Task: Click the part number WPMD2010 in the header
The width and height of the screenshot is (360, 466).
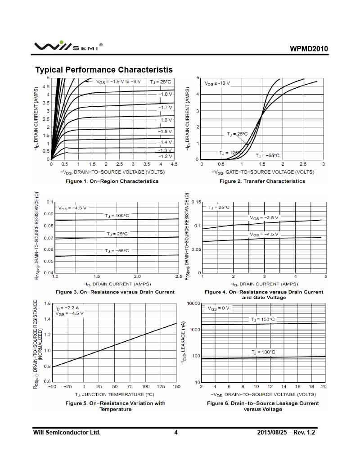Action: [x=309, y=49]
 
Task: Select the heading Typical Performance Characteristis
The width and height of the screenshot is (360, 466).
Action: [x=104, y=70]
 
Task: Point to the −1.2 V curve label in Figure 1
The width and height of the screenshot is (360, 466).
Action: [x=165, y=156]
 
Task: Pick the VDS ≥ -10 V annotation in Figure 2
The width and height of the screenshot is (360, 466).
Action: [x=217, y=83]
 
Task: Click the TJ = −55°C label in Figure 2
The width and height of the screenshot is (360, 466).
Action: [x=267, y=155]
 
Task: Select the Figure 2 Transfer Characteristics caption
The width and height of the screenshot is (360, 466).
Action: [x=262, y=181]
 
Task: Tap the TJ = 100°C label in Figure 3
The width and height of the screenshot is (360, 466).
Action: [x=117, y=216]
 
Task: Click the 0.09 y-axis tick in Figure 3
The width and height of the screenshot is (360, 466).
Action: [x=49, y=214]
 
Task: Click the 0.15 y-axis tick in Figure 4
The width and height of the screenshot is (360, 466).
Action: [x=196, y=202]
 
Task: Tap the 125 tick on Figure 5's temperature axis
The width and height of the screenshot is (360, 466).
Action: [x=161, y=387]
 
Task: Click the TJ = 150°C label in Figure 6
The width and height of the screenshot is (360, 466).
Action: [x=263, y=319]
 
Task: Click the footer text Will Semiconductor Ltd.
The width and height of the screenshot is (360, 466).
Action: [x=67, y=433]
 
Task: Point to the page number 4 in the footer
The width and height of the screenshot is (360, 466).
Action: [x=176, y=433]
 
